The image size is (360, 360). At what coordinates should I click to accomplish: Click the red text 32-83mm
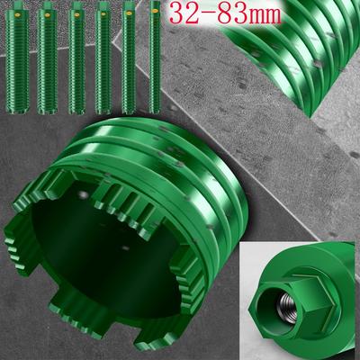(x=226, y=14)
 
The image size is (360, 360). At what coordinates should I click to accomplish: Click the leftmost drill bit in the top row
(x=17, y=57)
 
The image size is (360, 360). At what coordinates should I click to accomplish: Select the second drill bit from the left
(x=47, y=58)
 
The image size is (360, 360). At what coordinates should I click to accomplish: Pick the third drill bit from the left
(x=76, y=58)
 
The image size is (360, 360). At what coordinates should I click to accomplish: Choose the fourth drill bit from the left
(x=103, y=58)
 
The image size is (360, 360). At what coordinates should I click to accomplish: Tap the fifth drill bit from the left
(x=129, y=57)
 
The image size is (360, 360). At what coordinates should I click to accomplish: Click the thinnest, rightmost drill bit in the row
(x=155, y=57)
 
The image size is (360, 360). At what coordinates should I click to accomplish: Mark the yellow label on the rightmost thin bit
(x=155, y=11)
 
